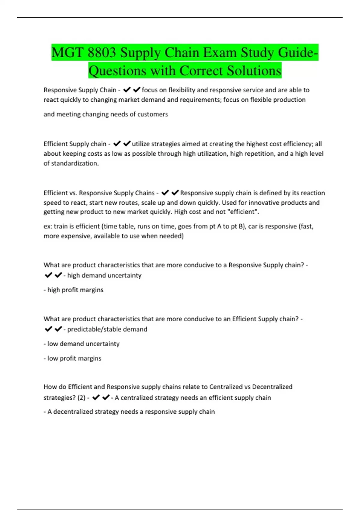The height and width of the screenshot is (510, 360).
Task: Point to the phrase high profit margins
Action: tap(75, 290)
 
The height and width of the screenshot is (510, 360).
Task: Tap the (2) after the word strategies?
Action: tap(81, 398)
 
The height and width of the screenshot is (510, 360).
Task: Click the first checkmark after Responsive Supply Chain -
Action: tap(127, 90)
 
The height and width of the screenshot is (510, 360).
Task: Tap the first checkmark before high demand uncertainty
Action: tap(48, 275)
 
